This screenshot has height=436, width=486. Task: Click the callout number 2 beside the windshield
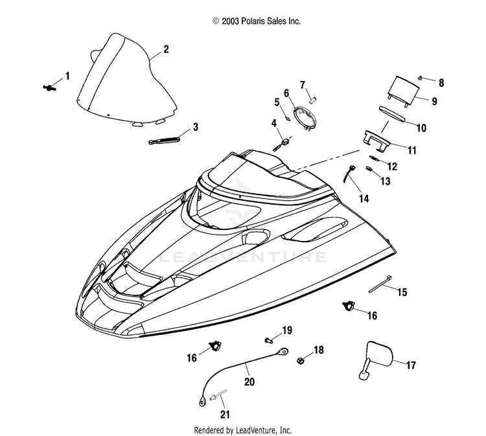(x=166, y=49)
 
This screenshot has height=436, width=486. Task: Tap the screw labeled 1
(x=49, y=87)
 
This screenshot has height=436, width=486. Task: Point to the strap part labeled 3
(x=164, y=139)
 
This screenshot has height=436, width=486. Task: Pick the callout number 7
(x=303, y=85)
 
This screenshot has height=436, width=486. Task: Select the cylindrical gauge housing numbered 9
(x=402, y=91)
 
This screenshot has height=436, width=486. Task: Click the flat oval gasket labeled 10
(x=393, y=114)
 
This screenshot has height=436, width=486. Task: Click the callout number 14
(x=364, y=198)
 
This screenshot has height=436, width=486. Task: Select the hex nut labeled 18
(x=300, y=360)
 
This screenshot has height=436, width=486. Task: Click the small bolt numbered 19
(x=268, y=340)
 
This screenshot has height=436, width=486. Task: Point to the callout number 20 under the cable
(x=249, y=382)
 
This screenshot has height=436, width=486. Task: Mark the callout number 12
(x=392, y=166)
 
